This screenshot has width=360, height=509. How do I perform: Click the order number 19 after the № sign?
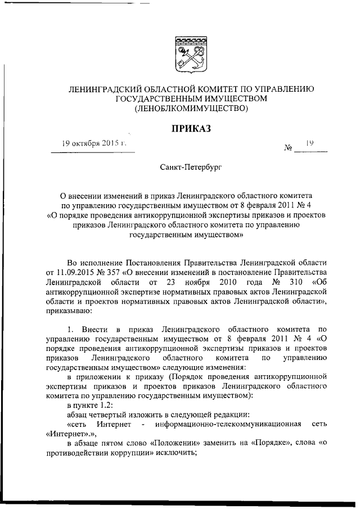click(309, 143)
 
